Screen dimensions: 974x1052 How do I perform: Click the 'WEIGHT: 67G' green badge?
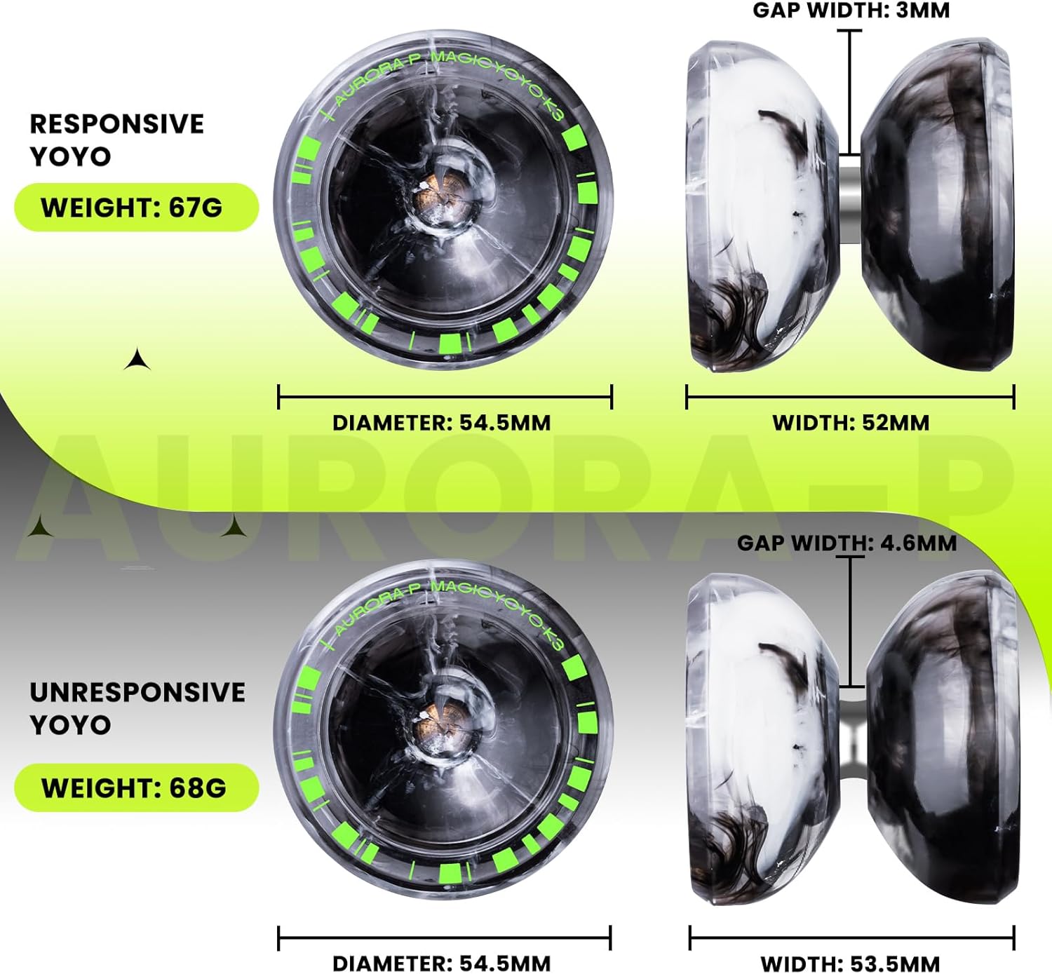(x=136, y=208)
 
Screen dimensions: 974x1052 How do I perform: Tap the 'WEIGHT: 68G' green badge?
(x=136, y=787)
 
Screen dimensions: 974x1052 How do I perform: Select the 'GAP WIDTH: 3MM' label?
(x=851, y=11)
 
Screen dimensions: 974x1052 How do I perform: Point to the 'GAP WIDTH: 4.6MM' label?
(x=847, y=543)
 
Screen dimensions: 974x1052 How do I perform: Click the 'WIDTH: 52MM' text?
(x=851, y=423)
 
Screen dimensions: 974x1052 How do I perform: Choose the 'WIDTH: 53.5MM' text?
(x=850, y=963)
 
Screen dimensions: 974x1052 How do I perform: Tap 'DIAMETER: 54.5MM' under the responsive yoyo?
(x=442, y=423)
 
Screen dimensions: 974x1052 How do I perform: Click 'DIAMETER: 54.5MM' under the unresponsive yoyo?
(x=442, y=963)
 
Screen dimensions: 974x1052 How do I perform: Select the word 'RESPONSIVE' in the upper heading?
(x=116, y=124)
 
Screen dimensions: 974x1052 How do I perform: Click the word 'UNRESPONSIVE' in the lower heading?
(x=137, y=692)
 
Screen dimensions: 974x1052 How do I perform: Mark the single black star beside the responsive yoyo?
(x=137, y=360)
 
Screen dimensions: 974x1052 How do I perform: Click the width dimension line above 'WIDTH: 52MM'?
(x=850, y=397)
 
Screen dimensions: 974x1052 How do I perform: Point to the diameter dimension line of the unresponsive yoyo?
(x=445, y=938)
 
